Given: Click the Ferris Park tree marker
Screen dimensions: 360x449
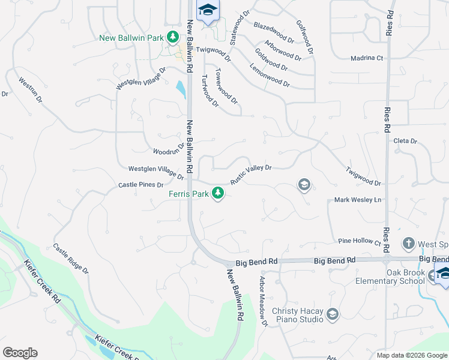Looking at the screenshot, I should click(219, 193).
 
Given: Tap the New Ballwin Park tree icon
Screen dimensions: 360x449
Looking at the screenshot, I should click(173, 37).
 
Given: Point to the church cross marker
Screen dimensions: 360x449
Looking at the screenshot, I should click(408, 244).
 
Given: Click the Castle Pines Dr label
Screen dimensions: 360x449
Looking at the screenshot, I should click(141, 185).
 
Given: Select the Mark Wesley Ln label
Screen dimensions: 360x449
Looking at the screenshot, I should click(358, 200).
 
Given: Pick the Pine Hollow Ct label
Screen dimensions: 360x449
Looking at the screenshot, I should click(360, 241).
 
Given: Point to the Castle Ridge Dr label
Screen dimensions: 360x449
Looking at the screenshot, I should click(70, 258).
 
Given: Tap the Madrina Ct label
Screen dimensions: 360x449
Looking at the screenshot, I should click(367, 58).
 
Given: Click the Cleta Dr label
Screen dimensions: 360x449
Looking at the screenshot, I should click(405, 141).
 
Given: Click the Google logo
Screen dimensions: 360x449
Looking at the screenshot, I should click(20, 353).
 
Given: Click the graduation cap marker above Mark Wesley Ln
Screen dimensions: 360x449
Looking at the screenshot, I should click(304, 185).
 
